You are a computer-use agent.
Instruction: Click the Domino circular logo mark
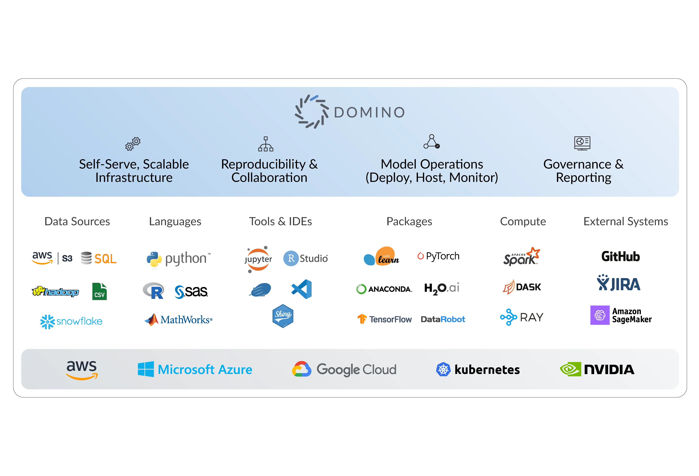[311, 112]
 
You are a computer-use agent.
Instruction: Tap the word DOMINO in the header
[369, 113]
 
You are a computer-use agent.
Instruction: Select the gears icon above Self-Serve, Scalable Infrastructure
[133, 144]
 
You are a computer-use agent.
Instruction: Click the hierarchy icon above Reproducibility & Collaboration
[266, 144]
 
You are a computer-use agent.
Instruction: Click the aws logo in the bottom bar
[82, 370]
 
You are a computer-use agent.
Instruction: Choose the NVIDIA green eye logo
[570, 369]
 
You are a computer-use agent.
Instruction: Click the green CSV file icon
[100, 291]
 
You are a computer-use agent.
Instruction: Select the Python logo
[154, 260]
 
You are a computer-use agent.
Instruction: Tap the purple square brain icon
[600, 315]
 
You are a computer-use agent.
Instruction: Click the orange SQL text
[105, 259]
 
